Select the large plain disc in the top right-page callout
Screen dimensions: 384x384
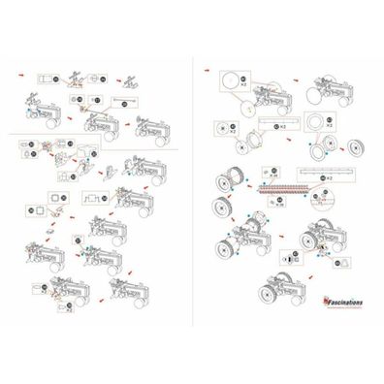point(230,82)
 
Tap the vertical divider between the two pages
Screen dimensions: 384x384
point(191,194)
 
